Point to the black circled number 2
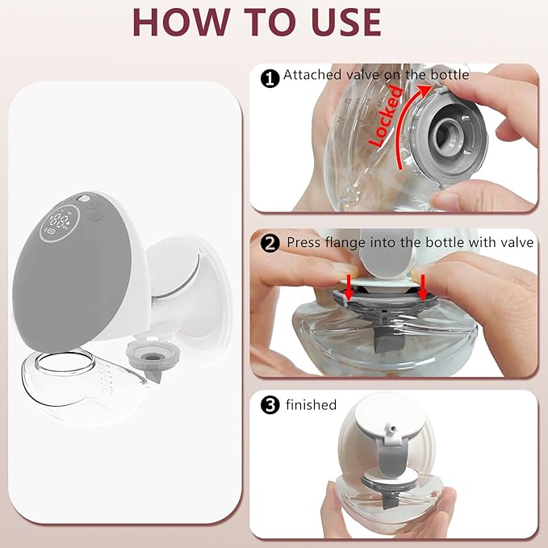[270, 242]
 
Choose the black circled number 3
[270, 405]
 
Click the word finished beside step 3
[310, 404]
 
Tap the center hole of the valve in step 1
[446, 133]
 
